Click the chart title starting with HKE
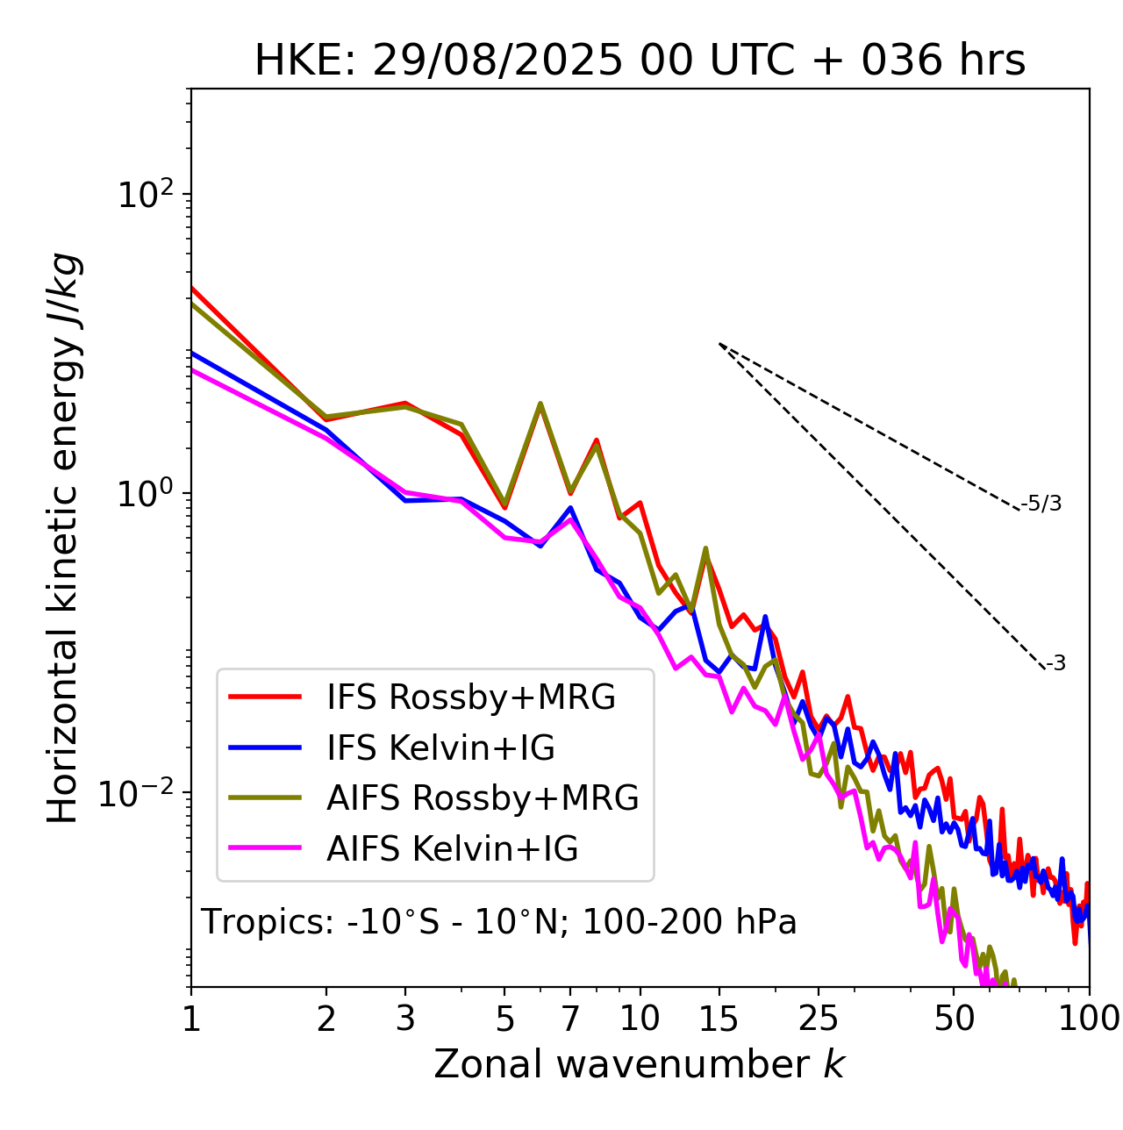[640, 61]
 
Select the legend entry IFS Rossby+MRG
[470, 697]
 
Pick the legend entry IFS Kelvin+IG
[440, 747]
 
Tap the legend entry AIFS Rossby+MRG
[483, 797]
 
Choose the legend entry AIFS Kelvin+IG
[452, 848]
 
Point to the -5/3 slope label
[1041, 504]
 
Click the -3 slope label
[1055, 663]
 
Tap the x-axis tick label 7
[570, 1019]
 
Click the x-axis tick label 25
[819, 1019]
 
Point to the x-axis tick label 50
[954, 1019]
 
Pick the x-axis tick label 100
[1089, 1019]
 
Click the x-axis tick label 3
[405, 1019]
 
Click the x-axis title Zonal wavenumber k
[640, 1064]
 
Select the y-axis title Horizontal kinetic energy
[63, 538]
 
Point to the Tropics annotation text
[498, 922]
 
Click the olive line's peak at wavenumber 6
[540, 404]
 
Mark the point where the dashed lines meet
[719, 344]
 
